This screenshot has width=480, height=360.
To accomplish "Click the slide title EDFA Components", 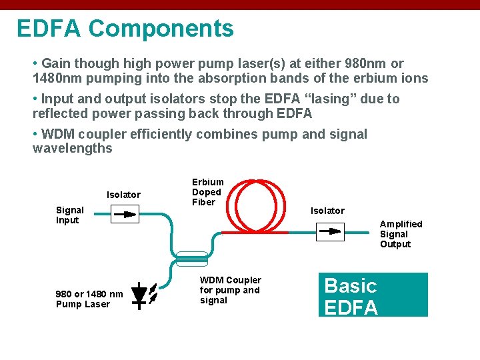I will coord(125,29).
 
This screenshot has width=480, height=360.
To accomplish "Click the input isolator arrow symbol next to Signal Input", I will coord(123,214).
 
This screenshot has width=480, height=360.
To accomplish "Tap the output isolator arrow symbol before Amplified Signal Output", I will coord(329,231).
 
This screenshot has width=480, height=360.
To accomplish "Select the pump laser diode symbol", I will coord(141,295).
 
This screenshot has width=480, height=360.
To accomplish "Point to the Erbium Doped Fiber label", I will coord(207,192).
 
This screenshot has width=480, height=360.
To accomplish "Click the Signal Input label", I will coord(69,215).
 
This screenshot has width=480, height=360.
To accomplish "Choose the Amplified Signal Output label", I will coord(401,234).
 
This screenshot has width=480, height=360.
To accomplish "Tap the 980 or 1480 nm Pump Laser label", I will coord(89,299).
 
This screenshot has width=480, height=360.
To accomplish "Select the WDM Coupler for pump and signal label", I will coord(230,290).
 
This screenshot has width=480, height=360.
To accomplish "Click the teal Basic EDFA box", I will coord(373,295).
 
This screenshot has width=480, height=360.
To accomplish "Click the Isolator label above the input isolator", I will coord(123,195).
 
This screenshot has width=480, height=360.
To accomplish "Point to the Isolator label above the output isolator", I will coord(327,211).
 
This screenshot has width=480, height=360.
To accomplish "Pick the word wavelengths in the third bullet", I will coord(72,148).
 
